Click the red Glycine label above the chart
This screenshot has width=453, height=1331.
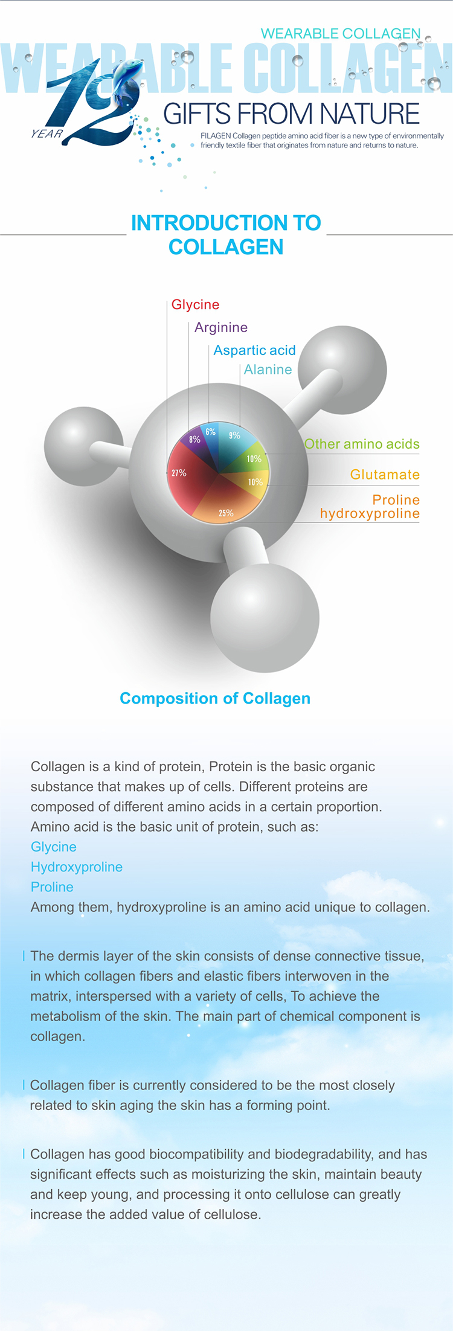(195, 304)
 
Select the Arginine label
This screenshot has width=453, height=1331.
(221, 327)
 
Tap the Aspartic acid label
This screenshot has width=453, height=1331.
(254, 350)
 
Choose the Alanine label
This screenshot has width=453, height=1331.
(268, 370)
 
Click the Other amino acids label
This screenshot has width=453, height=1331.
(362, 444)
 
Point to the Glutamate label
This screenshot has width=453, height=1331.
(385, 475)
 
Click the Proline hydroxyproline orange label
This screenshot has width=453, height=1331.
(370, 507)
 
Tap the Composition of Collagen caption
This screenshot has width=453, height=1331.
(215, 698)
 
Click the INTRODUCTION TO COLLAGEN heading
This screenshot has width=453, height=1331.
(226, 235)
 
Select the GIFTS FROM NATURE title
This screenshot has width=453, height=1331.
(291, 114)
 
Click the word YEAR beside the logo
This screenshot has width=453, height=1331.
(47, 133)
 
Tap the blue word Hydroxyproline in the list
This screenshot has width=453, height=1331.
(77, 867)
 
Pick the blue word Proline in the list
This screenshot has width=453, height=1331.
(52, 887)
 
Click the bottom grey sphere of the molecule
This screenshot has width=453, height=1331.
(265, 618)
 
